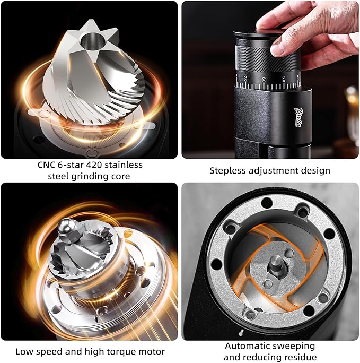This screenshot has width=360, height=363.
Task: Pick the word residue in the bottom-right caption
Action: (x=299, y=357)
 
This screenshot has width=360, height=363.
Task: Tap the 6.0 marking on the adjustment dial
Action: (x=264, y=79)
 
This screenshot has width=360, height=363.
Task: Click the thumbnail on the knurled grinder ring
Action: (x=276, y=48)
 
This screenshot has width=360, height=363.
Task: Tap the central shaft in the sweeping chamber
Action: (x=275, y=262)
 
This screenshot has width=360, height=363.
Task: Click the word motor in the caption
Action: (x=151, y=351)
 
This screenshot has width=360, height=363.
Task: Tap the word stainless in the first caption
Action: (x=122, y=165)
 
